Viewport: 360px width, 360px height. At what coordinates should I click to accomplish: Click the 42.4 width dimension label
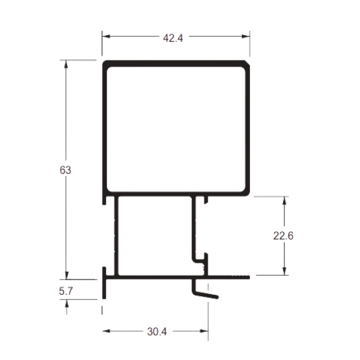point(173,38)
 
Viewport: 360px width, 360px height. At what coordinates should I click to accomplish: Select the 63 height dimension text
point(65,170)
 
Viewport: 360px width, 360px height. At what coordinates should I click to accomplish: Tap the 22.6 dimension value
point(283,236)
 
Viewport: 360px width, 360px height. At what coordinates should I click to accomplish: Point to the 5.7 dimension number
point(66,291)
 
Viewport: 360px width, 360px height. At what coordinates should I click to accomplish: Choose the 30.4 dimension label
point(157,331)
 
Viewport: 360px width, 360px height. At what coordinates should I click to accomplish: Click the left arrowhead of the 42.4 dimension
point(106,36)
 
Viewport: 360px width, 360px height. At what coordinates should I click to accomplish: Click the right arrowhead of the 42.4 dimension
point(246,36)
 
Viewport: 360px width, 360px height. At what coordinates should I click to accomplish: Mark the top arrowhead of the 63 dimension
point(66,64)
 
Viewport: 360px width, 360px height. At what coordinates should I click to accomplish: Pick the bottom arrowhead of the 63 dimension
point(67,276)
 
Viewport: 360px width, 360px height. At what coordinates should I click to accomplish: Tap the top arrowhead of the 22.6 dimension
point(285,201)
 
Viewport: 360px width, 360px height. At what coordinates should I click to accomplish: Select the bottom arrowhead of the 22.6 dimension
point(285,271)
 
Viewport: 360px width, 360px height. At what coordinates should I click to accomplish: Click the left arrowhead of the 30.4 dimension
point(106,331)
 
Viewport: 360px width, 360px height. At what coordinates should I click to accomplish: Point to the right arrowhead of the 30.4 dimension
point(204,331)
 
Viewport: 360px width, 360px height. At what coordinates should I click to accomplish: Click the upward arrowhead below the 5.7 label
point(67,304)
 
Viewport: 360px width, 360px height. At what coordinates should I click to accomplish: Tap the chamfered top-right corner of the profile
point(247,63)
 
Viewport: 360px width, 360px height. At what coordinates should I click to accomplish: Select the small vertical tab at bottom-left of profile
point(104,283)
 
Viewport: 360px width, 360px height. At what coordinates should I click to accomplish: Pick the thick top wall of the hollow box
point(176,63)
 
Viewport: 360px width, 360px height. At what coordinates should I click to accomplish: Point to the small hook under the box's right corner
point(206,200)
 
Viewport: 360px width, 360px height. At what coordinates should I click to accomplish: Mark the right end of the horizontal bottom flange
point(249,277)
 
